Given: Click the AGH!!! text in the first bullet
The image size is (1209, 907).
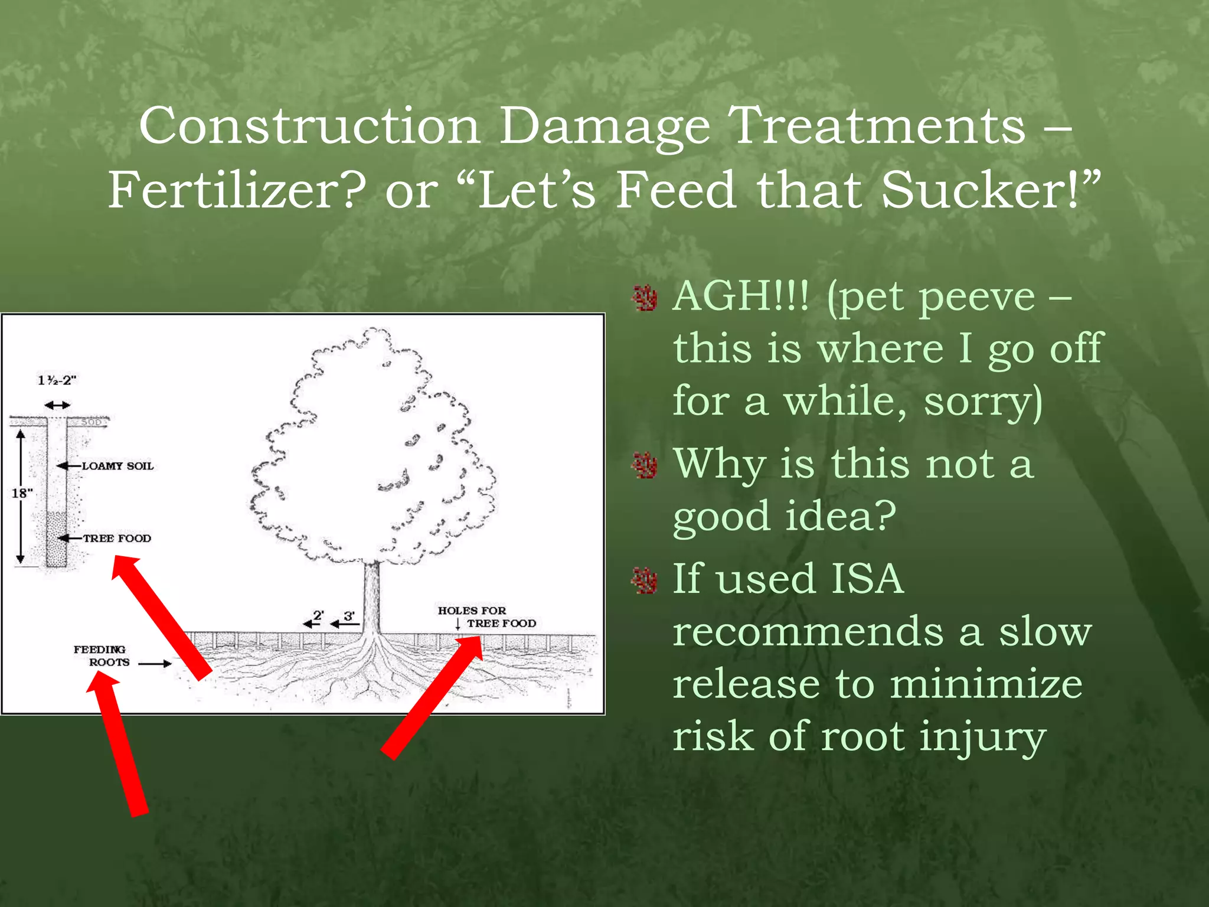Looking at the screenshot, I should coord(741,296).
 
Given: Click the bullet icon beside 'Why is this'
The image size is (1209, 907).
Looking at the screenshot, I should coord(645,466).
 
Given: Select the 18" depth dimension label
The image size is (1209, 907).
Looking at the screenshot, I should coord(22,492).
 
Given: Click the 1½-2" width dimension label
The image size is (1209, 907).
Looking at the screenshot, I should coord(57,380).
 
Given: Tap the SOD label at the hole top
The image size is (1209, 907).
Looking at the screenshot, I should coord(92,422).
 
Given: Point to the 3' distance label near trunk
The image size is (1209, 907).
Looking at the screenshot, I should coord(349,616).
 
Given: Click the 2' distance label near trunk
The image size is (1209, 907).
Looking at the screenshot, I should coord(318,615).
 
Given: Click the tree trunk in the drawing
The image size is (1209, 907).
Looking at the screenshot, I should coord(371,596).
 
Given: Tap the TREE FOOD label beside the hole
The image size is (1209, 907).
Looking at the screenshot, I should coord(116,538).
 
